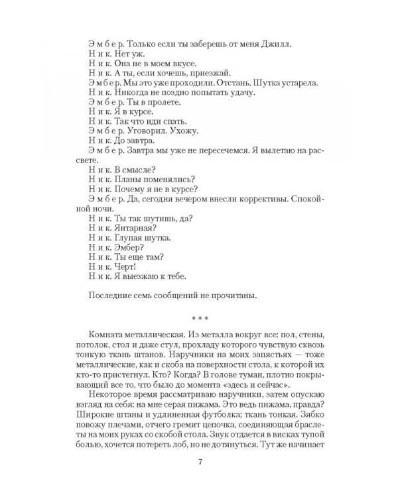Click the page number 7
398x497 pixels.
199,480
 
